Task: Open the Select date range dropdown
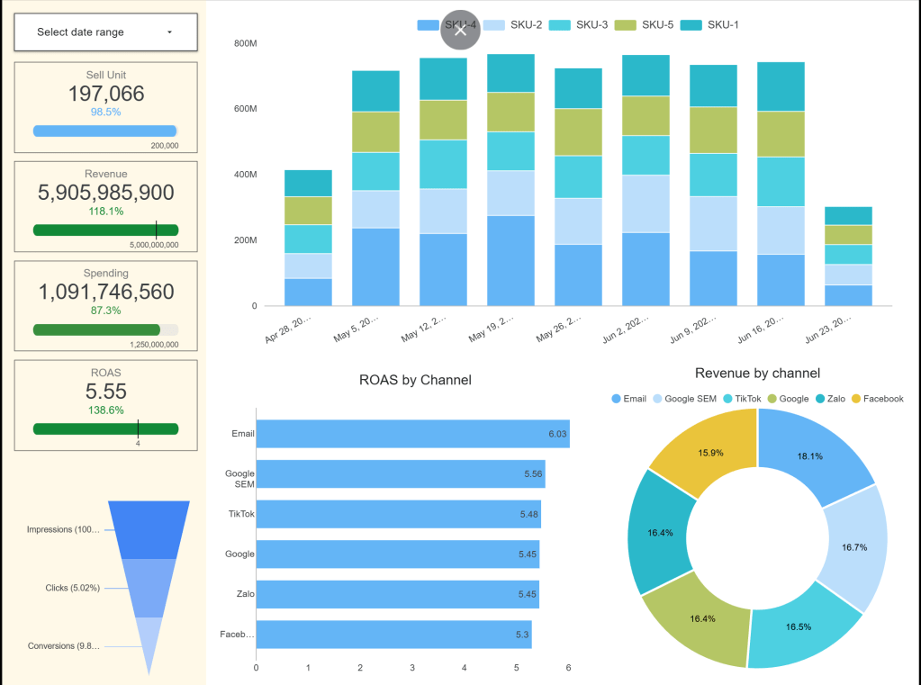click(105, 32)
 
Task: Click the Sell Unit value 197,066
click(105, 94)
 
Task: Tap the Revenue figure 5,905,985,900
click(105, 193)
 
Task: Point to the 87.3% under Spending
click(105, 310)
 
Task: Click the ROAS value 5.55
click(105, 392)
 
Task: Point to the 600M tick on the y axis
click(245, 109)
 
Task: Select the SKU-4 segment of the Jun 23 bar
click(849, 295)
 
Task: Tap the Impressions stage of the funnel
click(149, 529)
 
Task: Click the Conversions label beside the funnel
click(63, 646)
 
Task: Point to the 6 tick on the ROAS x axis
click(568, 668)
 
